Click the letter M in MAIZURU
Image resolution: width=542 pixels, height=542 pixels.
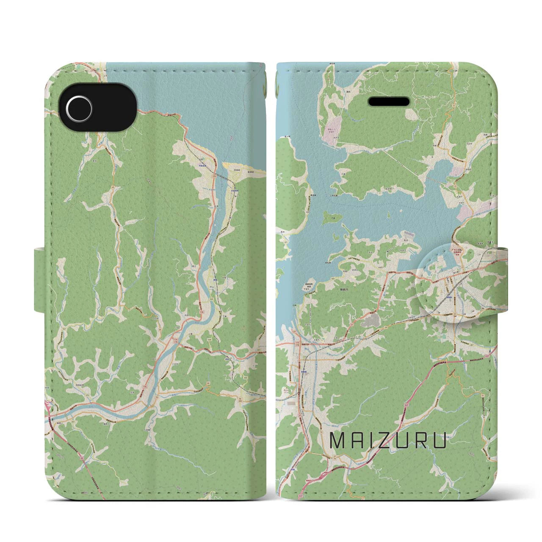338,442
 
